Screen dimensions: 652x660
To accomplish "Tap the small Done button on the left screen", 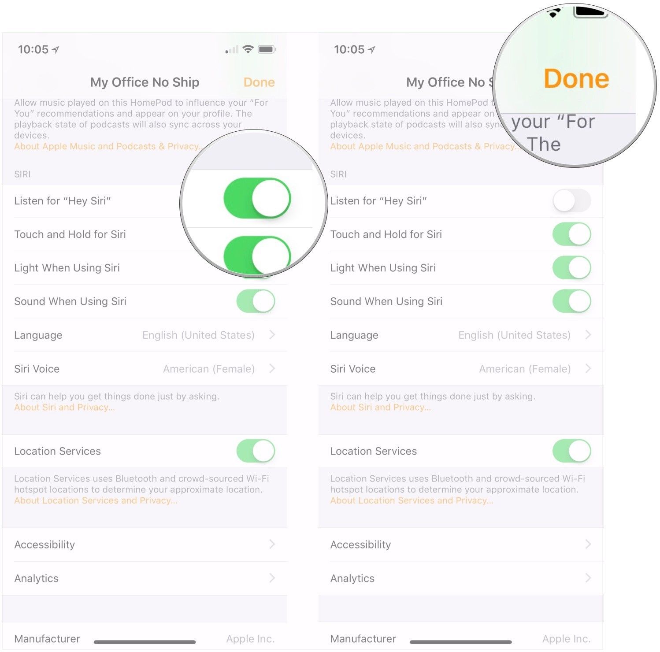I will [259, 82].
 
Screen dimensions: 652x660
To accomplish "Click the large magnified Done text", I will [576, 79].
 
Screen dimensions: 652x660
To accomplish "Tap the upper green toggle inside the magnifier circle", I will [257, 198].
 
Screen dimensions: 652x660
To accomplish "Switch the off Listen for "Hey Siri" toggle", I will [571, 201].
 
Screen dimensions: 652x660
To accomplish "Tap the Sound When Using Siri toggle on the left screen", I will [256, 301].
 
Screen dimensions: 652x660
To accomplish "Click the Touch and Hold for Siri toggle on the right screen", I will [571, 234].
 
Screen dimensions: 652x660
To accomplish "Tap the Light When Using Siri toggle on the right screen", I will [571, 268].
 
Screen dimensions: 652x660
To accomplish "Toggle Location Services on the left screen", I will [256, 451].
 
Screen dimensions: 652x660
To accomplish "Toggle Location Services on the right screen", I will [571, 451].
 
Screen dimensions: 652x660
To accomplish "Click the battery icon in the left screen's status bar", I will [267, 49].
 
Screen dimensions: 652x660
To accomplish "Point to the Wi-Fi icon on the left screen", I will [248, 49].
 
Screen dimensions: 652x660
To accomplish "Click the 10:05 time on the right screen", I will [349, 49].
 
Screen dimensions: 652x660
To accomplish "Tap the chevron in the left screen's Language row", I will [272, 335].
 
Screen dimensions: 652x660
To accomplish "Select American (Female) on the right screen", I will [525, 369].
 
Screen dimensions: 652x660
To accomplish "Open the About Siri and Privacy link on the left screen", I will [64, 407].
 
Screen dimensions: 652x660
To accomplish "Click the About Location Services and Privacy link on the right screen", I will [412, 500].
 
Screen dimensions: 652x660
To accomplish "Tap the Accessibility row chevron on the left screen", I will [272, 545].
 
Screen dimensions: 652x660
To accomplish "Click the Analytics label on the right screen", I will [352, 578].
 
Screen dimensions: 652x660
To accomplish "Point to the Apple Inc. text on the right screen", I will [566, 639].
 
